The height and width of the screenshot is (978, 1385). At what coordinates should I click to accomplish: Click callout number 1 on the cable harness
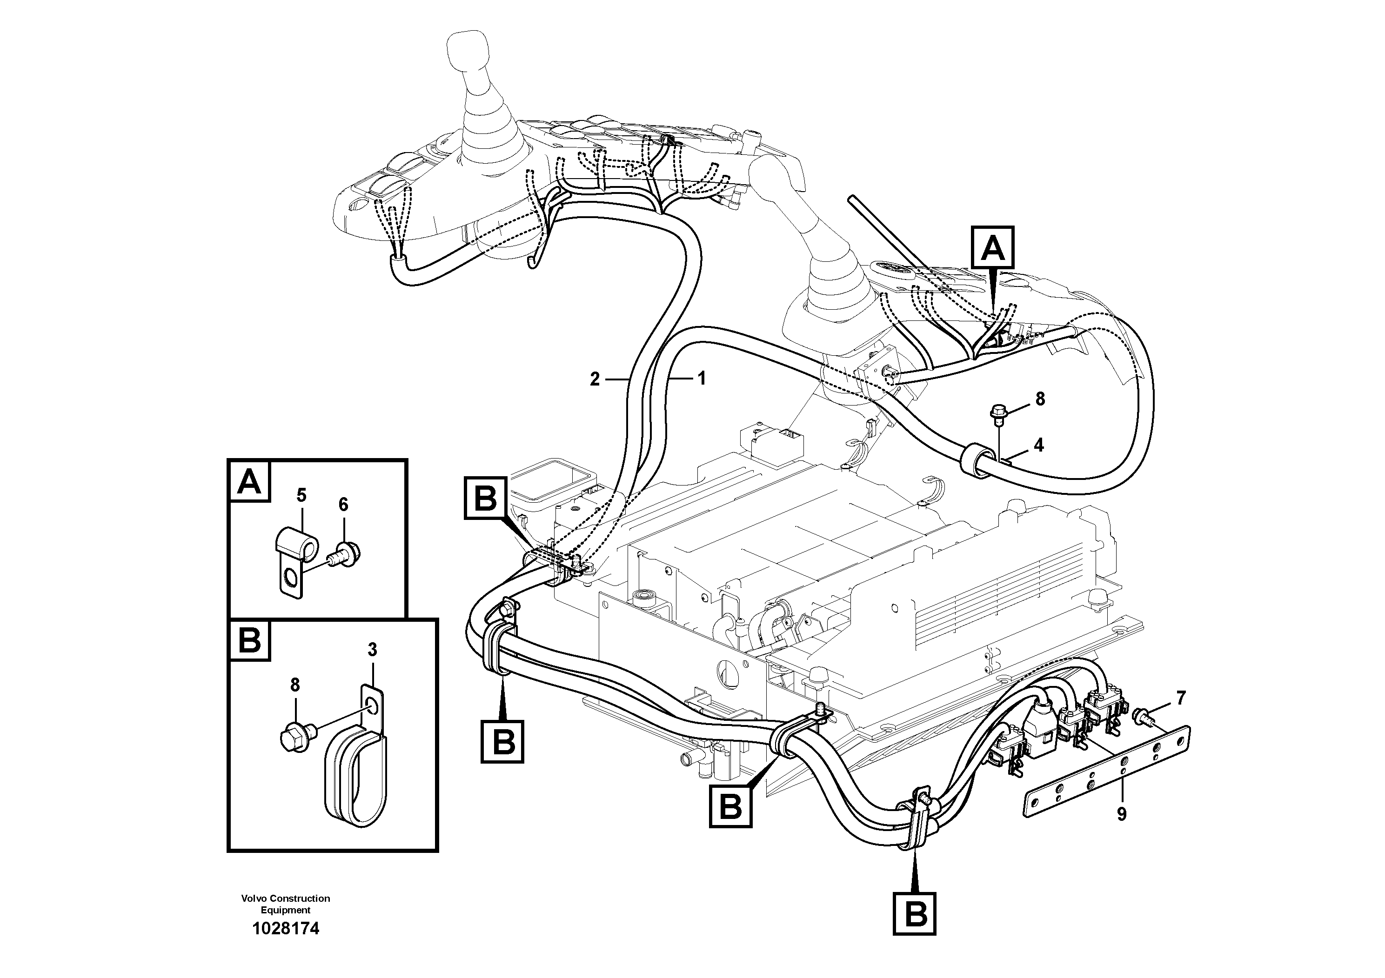pos(701,379)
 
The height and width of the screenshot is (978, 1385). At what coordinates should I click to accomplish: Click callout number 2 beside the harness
pos(595,379)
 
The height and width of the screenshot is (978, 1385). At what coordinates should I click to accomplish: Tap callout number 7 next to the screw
pos(1180,698)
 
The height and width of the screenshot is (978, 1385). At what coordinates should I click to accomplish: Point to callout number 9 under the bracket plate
pos(1121,815)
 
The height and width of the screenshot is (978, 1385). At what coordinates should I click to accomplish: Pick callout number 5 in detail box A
pos(301,496)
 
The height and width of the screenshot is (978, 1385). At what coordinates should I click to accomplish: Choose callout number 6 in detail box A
pos(343,505)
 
